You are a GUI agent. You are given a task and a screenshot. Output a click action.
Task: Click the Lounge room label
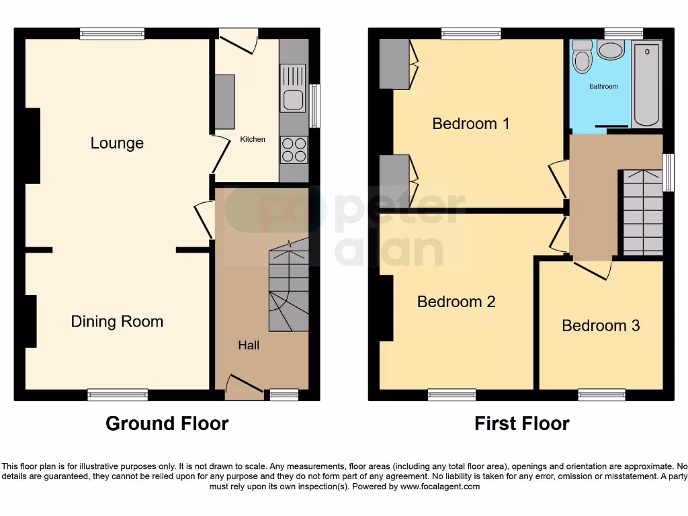tap(117, 143)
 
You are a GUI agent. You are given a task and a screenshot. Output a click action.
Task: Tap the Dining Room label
tap(117, 322)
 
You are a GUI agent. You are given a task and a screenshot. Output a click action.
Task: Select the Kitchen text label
tap(253, 140)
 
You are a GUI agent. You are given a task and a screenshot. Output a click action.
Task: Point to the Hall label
tap(249, 345)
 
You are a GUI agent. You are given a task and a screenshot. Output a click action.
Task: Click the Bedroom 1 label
tap(470, 124)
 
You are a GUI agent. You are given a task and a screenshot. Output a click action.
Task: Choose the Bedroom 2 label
tap(456, 302)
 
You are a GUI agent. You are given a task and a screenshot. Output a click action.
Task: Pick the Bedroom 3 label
tap(601, 326)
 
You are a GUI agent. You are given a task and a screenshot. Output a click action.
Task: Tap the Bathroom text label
tap(603, 87)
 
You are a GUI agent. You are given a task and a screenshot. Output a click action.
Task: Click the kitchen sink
tap(293, 99)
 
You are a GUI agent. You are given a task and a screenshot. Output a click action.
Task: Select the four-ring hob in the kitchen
tap(294, 150)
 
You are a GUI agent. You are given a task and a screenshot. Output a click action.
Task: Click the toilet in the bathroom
tap(582, 59)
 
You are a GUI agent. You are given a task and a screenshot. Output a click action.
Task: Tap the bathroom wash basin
tap(610, 50)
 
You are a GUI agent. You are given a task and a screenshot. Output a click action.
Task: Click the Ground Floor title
tap(167, 423)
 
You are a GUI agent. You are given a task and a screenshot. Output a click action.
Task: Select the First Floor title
tap(521, 423)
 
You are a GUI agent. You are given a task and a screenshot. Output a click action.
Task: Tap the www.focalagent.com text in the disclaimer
tap(440, 486)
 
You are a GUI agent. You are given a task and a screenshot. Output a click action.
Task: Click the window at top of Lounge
tap(112, 34)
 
